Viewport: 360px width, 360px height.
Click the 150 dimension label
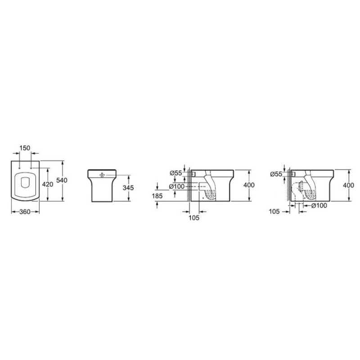[x=25, y=148]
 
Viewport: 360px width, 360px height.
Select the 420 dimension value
[x=48, y=184]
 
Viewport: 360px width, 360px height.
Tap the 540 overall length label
[x=62, y=180]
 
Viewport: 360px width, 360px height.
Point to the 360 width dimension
[x=25, y=212]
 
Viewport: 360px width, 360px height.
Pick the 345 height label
[x=128, y=188]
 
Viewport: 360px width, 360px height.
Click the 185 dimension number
[x=157, y=196]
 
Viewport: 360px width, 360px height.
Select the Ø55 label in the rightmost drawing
[x=276, y=174]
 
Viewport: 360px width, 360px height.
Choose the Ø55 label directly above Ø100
[x=176, y=173]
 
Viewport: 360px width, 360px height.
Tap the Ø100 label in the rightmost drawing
[x=319, y=206]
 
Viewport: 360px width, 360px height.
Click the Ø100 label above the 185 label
[x=177, y=186]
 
